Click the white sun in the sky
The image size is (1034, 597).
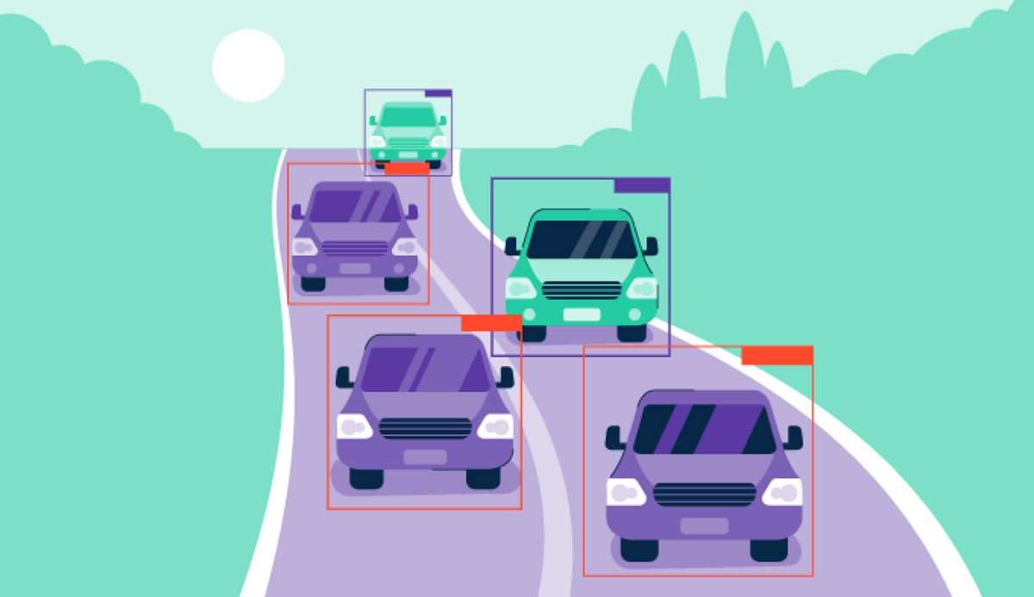point(248,65)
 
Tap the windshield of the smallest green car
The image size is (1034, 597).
point(408,116)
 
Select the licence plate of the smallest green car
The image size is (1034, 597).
point(408,155)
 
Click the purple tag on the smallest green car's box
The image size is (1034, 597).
point(438,93)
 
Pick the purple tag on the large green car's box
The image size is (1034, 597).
point(641,185)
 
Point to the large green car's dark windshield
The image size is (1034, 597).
point(582,239)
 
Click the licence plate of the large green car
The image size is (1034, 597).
point(582,314)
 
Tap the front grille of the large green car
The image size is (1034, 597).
point(582,290)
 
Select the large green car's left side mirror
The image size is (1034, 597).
point(512,246)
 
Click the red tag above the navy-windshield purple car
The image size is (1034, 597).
point(776,355)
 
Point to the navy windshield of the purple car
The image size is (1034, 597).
point(705,429)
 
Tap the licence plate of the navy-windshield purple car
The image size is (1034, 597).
point(704,525)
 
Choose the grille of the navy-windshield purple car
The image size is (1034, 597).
point(704,494)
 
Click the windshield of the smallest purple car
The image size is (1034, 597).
point(355,207)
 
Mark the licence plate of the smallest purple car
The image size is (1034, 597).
point(354,269)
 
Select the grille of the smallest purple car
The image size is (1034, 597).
point(354,248)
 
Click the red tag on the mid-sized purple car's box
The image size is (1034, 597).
point(491,323)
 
